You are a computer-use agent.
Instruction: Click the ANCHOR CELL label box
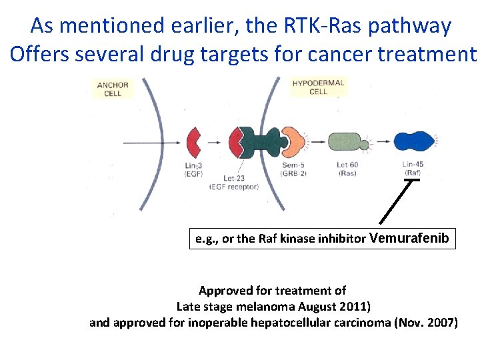pyautogui.click(x=113, y=89)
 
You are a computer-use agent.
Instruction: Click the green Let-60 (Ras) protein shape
pyautogui.click(x=347, y=142)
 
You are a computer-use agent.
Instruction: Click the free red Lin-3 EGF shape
pyautogui.click(x=193, y=141)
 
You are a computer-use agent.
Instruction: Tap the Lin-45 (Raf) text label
pyautogui.click(x=413, y=168)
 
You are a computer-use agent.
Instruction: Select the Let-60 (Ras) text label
pyautogui.click(x=347, y=168)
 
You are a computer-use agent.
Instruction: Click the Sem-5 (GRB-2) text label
pyautogui.click(x=293, y=168)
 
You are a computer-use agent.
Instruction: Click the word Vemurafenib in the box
pyautogui.click(x=409, y=239)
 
